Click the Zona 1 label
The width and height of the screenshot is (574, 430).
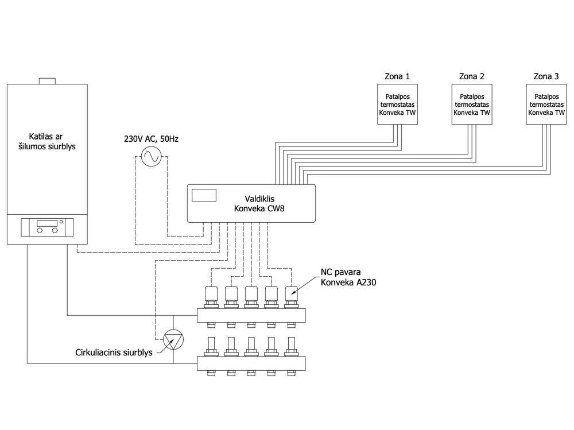tap(397, 76)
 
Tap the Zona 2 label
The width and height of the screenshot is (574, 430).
tap(471, 76)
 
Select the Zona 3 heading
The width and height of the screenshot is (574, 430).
tap(546, 76)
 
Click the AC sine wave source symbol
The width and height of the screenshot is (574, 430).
tap(151, 156)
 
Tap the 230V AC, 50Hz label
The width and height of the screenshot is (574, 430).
tap(151, 139)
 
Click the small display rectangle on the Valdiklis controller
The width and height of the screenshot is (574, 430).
tap(204, 195)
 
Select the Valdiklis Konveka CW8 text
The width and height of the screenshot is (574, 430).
tap(259, 204)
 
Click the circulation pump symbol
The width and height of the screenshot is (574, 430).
tap(173, 339)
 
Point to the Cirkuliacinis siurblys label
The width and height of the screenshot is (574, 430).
tap(114, 352)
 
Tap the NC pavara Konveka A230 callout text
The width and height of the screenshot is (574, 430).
tap(348, 277)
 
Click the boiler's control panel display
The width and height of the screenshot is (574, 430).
tap(47, 223)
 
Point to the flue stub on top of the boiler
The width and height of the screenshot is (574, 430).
tap(47, 81)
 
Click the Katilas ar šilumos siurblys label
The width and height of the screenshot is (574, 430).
tap(47, 141)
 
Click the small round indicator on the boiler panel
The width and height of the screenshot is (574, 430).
tap(61, 222)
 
